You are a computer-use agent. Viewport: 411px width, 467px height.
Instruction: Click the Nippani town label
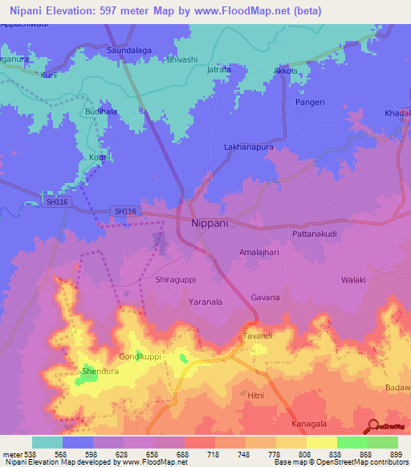(210, 223)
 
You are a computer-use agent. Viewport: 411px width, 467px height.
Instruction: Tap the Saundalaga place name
(130, 50)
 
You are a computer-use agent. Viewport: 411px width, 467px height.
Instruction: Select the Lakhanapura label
(248, 148)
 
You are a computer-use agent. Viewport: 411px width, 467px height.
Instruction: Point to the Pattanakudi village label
(295, 233)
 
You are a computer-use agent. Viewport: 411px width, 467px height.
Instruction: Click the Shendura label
(100, 372)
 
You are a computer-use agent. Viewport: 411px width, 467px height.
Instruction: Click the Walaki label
(353, 280)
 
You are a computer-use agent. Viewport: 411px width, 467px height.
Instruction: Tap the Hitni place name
(255, 396)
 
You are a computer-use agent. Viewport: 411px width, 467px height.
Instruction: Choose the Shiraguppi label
(175, 280)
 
